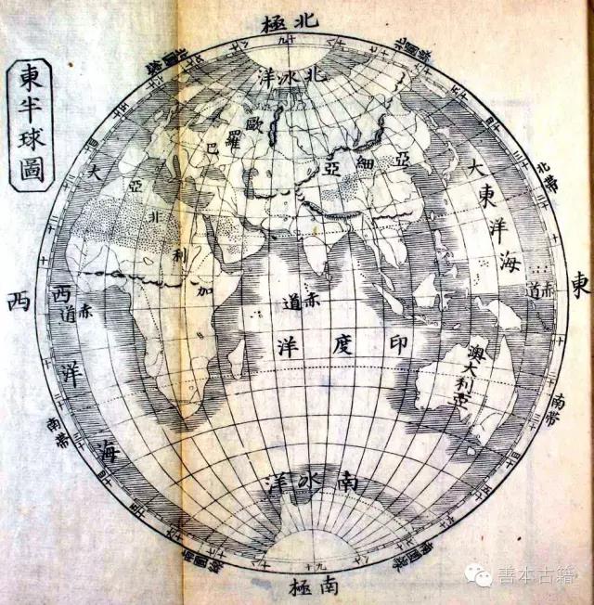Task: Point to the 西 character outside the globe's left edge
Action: point(16,301)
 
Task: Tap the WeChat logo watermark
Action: point(481,576)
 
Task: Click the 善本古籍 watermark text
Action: point(537,576)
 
